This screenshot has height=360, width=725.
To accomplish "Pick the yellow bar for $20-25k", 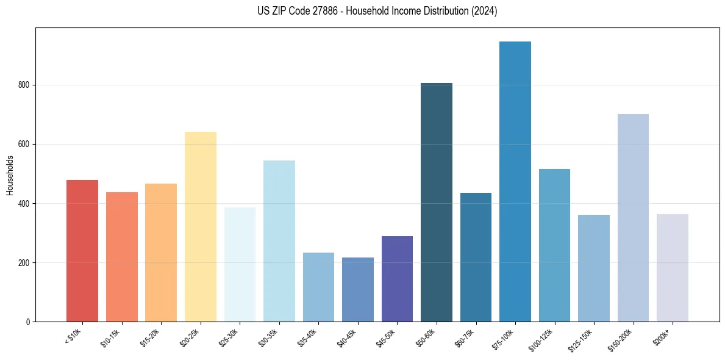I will [x=201, y=226].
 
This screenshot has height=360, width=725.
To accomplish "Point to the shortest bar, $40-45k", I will [x=358, y=289].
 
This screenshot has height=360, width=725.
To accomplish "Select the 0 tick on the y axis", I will [x=28, y=322].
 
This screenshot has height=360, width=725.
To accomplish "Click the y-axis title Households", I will [x=10, y=175].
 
